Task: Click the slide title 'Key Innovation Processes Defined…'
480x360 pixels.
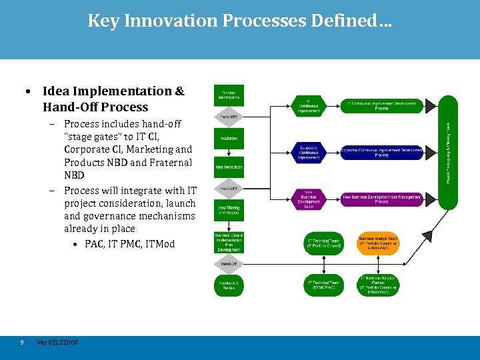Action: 240,21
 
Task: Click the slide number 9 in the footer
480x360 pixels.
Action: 22,342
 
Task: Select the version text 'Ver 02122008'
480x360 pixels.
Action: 57,342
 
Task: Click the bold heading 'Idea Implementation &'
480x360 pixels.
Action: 113,91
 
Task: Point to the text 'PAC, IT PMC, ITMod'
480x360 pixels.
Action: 129,244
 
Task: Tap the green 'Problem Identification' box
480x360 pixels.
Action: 228,95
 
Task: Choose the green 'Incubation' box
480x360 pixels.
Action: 228,138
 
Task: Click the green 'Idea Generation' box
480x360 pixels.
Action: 228,167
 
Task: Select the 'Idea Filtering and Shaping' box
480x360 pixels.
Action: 228,211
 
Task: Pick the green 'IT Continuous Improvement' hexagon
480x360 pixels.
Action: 309,105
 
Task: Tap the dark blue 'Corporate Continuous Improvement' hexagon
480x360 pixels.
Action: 309,153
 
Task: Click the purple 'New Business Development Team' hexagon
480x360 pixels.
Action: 309,198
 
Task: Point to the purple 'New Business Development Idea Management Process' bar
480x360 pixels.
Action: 381,198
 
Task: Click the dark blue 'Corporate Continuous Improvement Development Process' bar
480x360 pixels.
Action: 381,153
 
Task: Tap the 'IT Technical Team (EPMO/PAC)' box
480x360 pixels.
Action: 324,285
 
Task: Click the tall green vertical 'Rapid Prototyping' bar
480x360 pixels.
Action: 448,140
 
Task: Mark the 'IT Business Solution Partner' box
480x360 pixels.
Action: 378,285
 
